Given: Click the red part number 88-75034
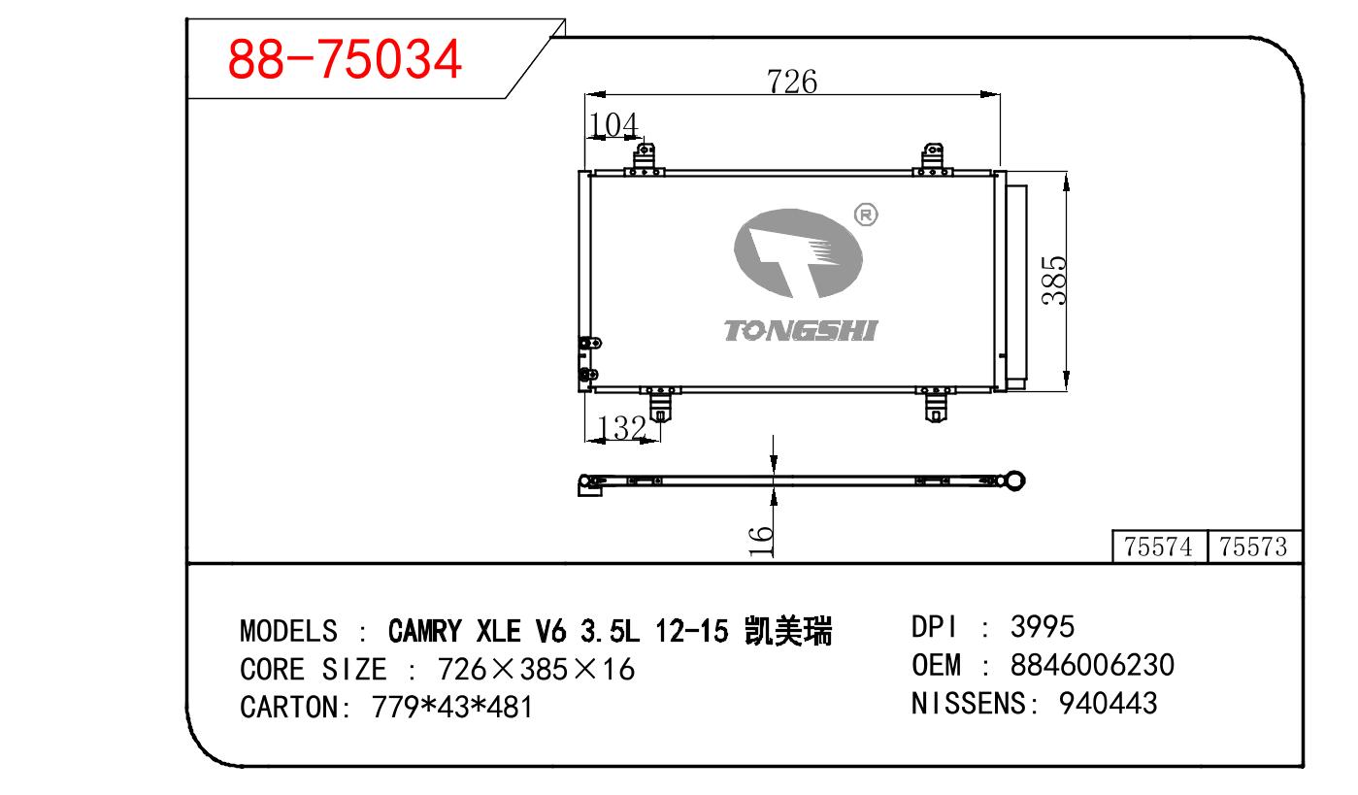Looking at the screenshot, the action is click(x=345, y=59).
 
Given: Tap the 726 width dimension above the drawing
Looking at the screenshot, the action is click(x=792, y=82).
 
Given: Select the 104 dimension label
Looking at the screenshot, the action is click(x=613, y=125).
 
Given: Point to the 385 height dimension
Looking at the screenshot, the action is click(x=1053, y=281).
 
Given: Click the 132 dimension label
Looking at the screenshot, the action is click(x=622, y=427).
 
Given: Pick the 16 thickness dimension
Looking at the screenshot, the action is click(x=761, y=541).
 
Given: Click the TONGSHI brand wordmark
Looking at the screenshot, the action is click(x=800, y=331).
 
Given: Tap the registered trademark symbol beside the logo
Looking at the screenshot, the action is click(x=866, y=215).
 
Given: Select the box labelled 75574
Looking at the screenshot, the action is click(x=1159, y=547).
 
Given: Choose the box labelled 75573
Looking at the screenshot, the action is click(x=1254, y=547).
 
